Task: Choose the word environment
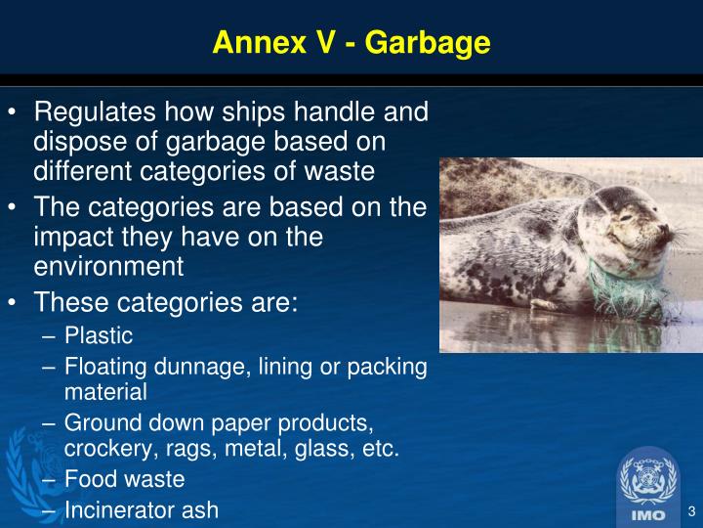pos(108,265)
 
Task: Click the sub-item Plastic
pos(98,336)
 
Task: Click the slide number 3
pos(691,511)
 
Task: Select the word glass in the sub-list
pos(313,449)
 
